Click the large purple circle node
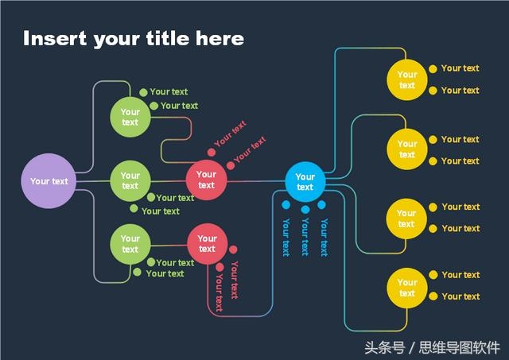[49, 181]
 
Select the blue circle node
[305, 182]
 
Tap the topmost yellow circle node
[407, 79]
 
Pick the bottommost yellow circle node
[407, 288]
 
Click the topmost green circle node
[130, 117]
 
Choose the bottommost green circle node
[130, 244]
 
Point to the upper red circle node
[206, 180]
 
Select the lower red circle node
[207, 243]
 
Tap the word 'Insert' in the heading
[55, 38]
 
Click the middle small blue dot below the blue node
[305, 210]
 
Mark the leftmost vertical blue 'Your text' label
[286, 238]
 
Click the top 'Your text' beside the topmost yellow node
[460, 68]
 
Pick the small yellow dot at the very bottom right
[433, 296]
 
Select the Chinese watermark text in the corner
[432, 347]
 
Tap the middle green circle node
[130, 180]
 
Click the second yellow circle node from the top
[407, 149]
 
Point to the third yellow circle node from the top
[406, 219]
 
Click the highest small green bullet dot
[143, 92]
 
